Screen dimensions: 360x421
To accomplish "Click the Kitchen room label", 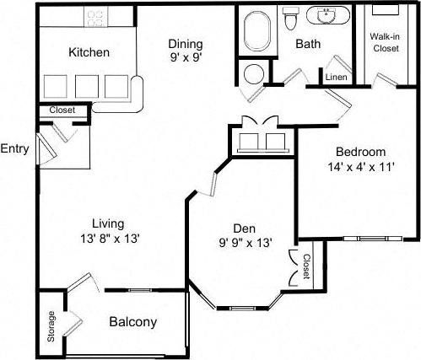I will (88, 52).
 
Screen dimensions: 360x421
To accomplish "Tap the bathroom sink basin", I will (325, 15).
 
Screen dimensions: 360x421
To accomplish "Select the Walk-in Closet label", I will (385, 42).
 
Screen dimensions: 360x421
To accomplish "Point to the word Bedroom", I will (360, 152).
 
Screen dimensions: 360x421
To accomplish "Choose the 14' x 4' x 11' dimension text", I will (360, 167).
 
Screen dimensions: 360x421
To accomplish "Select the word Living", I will (109, 223).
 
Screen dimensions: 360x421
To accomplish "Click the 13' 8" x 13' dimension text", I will (109, 239).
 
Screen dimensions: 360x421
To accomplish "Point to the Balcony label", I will (132, 322).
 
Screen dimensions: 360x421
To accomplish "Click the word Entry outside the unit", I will (15, 149).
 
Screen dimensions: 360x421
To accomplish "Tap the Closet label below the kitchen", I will (62, 110).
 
